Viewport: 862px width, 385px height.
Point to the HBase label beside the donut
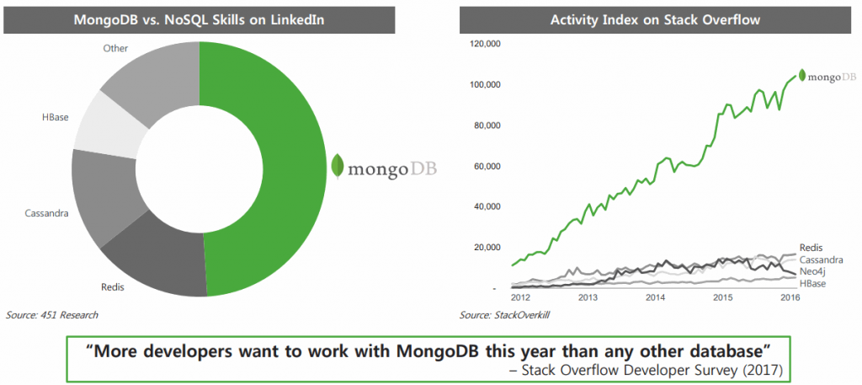(57, 116)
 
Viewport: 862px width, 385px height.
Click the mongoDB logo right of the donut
(384, 166)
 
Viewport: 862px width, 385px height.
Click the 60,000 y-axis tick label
(486, 166)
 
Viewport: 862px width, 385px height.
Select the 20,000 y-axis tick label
(486, 247)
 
